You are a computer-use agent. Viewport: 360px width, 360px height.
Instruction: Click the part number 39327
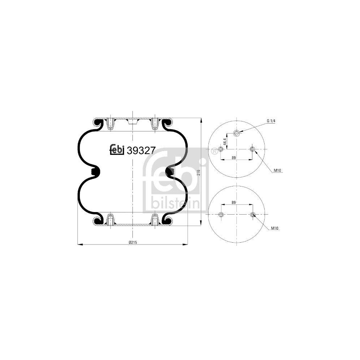click(141, 150)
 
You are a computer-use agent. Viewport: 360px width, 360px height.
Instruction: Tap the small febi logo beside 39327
click(117, 150)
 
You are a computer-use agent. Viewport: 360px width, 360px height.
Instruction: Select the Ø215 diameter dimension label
click(133, 242)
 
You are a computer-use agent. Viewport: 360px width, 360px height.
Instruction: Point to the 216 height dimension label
click(199, 172)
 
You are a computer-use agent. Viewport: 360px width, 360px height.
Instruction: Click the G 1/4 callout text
click(271, 121)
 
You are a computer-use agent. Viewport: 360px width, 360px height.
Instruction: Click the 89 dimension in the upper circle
click(234, 158)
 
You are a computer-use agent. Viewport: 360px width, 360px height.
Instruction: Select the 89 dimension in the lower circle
click(234, 202)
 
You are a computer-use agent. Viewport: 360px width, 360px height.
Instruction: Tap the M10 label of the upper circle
click(277, 170)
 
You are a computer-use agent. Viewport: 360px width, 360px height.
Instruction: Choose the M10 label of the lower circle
click(275, 228)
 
